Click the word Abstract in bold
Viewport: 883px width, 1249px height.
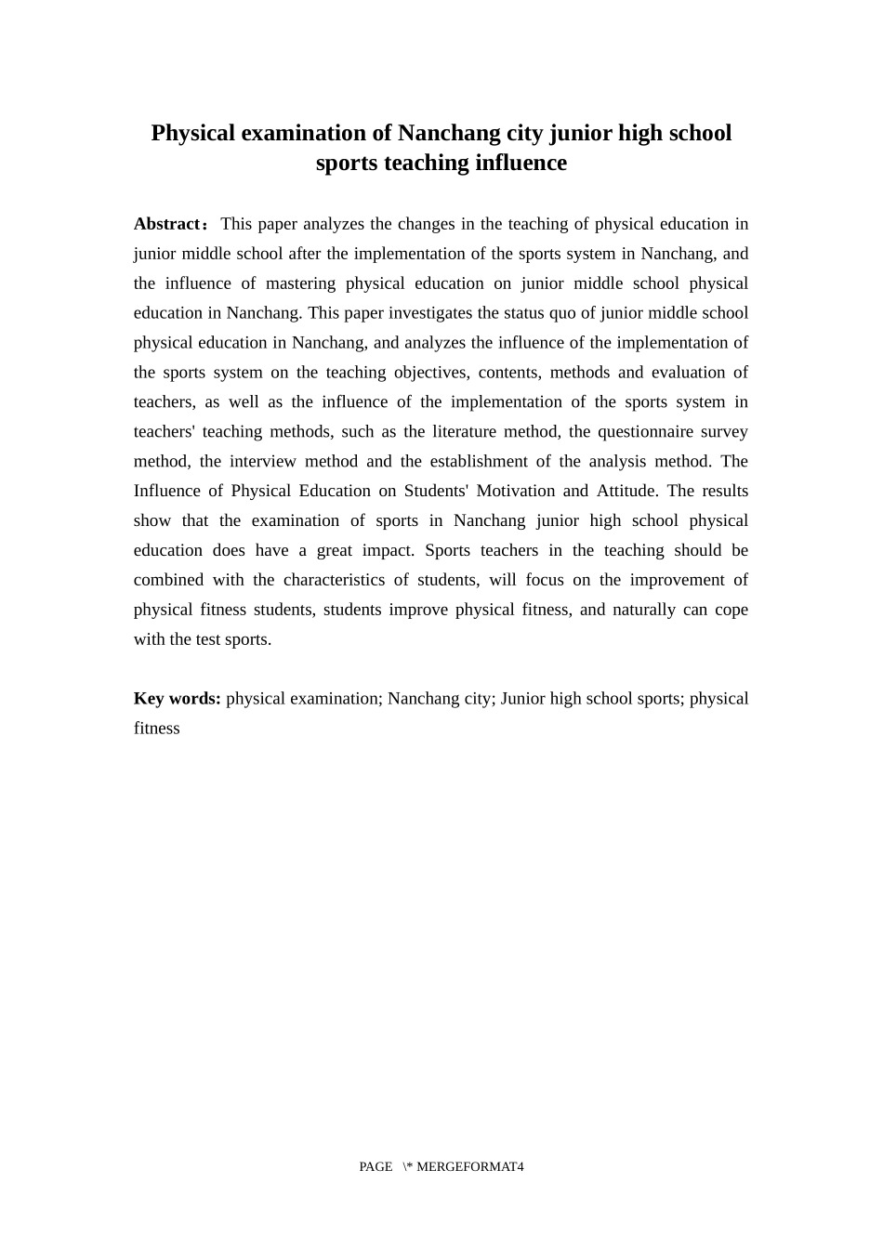tap(168, 224)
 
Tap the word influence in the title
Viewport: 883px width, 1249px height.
tap(521, 163)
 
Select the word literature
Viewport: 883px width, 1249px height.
tap(464, 432)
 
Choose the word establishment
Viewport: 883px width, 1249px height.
tap(488, 462)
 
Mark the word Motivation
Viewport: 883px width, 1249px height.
tap(514, 492)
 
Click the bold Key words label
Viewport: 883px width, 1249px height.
tap(177, 699)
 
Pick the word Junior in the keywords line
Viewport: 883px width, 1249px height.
tap(523, 699)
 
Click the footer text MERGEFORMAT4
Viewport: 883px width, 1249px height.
tap(470, 1167)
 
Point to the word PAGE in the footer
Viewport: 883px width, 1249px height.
tap(376, 1167)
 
